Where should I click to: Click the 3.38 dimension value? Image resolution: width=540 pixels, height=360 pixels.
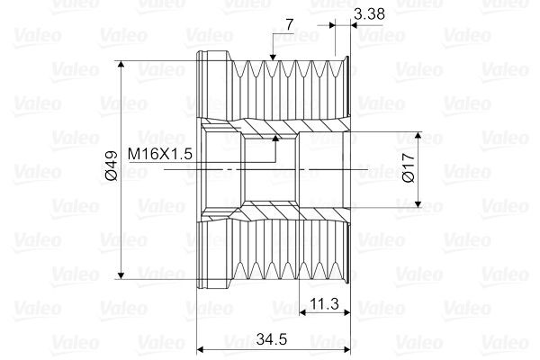point(369,14)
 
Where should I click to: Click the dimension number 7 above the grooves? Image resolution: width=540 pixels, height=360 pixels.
point(290,24)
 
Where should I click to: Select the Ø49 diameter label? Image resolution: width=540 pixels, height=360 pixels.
point(112,166)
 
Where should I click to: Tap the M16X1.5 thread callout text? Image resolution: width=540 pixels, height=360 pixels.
point(160,154)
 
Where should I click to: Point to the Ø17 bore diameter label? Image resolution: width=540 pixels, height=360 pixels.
point(409,167)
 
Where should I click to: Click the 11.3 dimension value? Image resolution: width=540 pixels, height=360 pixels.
point(324,303)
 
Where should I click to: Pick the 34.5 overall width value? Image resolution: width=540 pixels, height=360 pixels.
point(272,339)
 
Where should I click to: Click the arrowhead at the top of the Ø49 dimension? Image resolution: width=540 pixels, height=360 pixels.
point(121,65)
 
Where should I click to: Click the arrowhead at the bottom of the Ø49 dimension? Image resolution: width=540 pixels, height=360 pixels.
point(121,275)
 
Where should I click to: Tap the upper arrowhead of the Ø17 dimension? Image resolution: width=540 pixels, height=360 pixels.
point(418,135)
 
